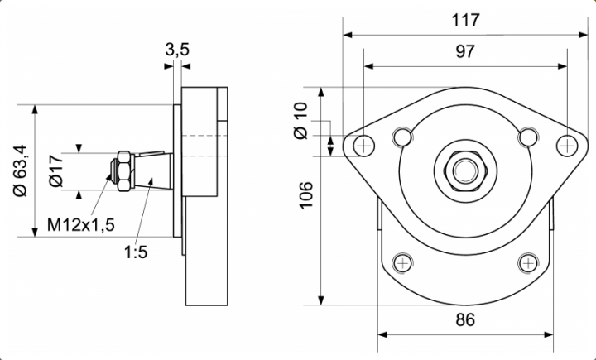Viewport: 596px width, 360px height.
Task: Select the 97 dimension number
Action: click(465, 52)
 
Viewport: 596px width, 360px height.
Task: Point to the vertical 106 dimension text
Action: click(307, 194)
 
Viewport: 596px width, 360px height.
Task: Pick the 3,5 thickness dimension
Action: click(177, 50)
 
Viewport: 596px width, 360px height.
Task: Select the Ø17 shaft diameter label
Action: click(55, 170)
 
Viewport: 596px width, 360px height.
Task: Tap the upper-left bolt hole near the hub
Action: click(403, 136)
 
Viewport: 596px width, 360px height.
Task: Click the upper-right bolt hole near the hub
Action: click(527, 136)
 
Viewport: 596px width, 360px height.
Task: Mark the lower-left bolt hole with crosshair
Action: click(403, 263)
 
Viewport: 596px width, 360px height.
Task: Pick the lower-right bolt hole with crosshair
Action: click(527, 263)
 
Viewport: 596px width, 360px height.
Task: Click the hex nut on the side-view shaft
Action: click(123, 170)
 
